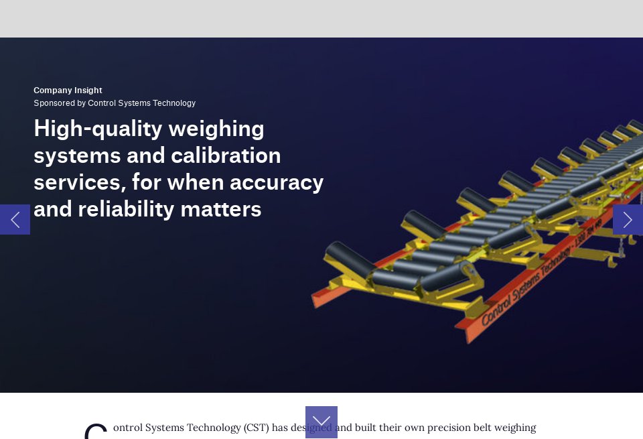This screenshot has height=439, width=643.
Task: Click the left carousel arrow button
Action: (15, 219)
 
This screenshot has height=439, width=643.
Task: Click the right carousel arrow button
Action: (628, 219)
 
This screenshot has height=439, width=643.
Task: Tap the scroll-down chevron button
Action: (321, 422)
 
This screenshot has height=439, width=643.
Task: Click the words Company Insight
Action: (68, 90)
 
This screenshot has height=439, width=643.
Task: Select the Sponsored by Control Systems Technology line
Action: (115, 103)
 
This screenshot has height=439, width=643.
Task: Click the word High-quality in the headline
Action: (98, 129)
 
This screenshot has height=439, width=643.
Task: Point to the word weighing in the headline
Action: (216, 129)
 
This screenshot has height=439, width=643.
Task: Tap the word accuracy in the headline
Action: (277, 182)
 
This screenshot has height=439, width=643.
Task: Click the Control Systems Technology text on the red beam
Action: (527, 284)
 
